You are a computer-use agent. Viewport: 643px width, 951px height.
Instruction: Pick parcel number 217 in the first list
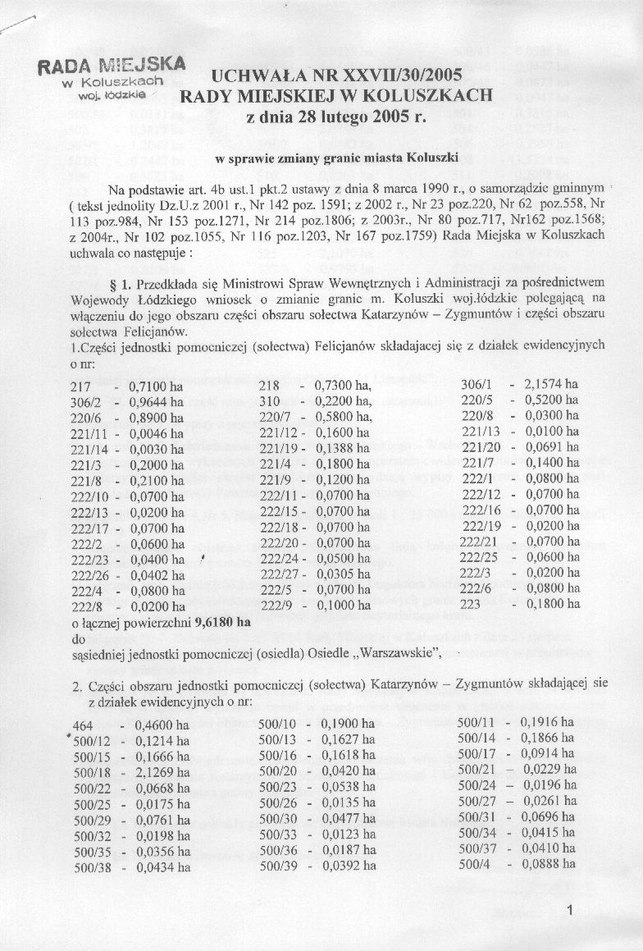coord(81,385)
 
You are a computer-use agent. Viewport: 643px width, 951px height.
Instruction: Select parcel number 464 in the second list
coord(82,725)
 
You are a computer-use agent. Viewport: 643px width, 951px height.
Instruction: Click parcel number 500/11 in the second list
coord(477,725)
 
